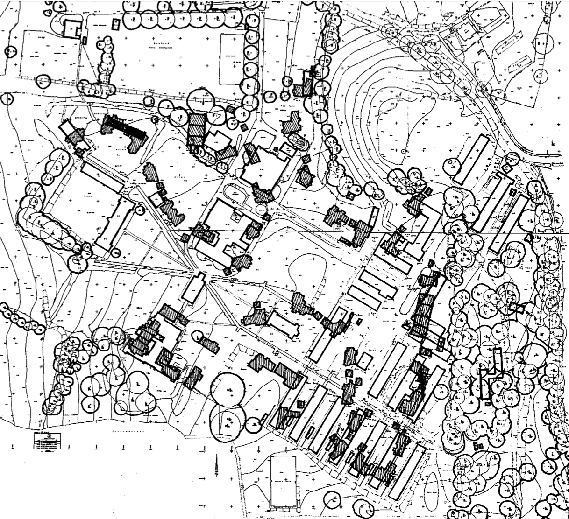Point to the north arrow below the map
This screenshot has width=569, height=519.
point(217,464)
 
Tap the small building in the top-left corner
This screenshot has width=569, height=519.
point(71,29)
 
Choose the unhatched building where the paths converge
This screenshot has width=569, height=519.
point(194,288)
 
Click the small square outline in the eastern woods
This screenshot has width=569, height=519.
point(516,308)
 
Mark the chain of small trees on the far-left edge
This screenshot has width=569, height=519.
point(21,320)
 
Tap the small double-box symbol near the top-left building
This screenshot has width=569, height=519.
point(84,39)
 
